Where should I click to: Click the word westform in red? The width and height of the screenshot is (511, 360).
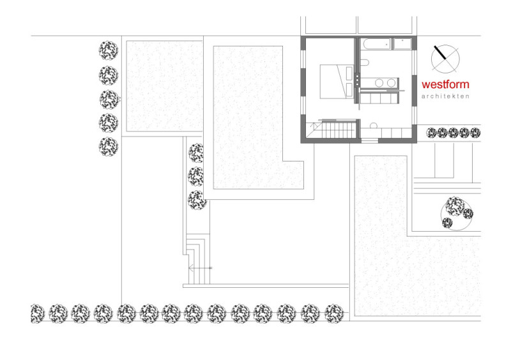pos(445,84)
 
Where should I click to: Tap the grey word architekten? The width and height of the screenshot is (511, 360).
pos(445,96)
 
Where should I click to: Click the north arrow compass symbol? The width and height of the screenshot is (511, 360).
pos(445,59)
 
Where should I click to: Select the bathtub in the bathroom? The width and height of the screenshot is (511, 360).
pos(376,44)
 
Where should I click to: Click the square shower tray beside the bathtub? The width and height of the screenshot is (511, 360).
pos(402,44)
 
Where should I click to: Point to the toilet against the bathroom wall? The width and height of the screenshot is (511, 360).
pos(364,62)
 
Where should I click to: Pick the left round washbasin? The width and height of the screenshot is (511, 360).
pos(379,83)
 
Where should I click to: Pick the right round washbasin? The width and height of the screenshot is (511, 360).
pos(391,83)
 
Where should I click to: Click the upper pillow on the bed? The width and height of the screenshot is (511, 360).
pos(349,72)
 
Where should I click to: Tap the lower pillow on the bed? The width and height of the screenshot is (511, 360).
pos(349,90)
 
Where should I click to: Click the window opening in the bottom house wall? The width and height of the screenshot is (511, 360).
pos(370,140)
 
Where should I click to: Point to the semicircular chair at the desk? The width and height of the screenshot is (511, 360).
pos(374,126)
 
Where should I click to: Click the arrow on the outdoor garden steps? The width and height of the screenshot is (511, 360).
pos(200,268)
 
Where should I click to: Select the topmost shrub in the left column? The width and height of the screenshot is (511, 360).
pos(109,50)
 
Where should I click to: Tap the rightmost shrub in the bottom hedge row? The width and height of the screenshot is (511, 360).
pos(334,313)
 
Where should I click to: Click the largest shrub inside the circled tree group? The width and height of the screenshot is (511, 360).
pos(455,206)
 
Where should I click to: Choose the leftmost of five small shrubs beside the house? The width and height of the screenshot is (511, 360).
pos(431,133)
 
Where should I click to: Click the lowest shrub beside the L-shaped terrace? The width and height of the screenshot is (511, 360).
pos(197,200)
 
